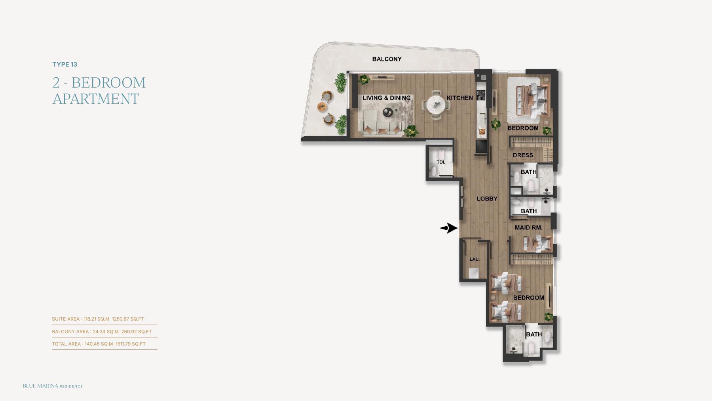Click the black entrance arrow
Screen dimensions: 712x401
click(449, 228)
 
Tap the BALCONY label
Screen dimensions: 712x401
click(387, 59)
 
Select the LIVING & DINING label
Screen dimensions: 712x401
click(386, 98)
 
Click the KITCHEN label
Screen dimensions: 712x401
click(459, 98)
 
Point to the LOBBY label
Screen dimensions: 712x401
click(487, 199)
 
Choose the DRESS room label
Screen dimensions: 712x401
click(523, 155)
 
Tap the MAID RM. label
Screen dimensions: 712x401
click(528, 227)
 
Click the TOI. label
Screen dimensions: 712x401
click(441, 162)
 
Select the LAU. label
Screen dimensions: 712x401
click(475, 259)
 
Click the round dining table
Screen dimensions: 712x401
click(436, 105)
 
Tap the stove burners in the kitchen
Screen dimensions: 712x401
click(481, 95)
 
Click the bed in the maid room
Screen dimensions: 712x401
click(537, 243)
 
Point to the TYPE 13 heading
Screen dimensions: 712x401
click(65, 65)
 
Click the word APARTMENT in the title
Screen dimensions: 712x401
click(96, 99)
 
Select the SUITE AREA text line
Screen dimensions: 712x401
click(98, 319)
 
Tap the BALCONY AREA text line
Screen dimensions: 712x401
click(102, 332)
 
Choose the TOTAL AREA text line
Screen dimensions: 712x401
click(99, 344)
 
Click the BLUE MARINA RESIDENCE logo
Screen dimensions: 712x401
click(53, 386)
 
